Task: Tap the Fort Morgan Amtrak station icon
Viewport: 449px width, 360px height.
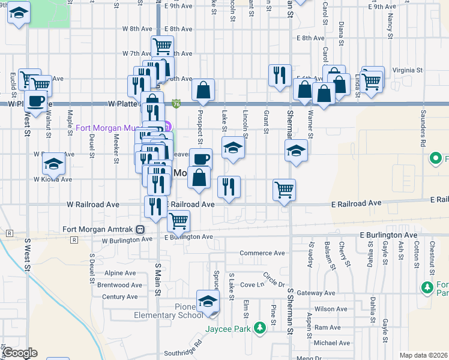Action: pos(140,229)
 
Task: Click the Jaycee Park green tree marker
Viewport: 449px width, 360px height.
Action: pos(259,328)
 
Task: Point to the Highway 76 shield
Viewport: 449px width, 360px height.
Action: pos(176,104)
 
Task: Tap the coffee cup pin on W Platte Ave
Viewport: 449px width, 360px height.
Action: pos(35,101)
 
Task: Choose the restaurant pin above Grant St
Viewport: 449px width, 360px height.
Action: pos(279,75)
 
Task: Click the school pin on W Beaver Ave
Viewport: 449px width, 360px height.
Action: pos(53,163)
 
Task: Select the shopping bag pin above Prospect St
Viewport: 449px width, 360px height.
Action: pos(203,90)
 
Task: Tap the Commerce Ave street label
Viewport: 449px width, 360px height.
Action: pos(262,253)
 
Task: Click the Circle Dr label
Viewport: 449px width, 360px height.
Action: pos(273,280)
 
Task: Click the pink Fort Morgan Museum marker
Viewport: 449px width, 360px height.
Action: pos(167,127)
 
